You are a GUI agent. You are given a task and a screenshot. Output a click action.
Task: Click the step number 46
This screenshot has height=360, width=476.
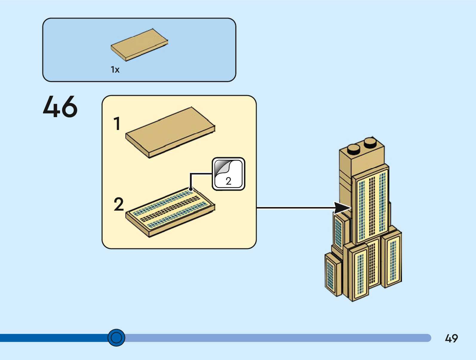60,107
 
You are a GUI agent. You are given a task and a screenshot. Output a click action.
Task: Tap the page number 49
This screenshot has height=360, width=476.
451,338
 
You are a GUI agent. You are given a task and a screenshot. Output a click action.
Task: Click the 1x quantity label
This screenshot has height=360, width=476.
115,70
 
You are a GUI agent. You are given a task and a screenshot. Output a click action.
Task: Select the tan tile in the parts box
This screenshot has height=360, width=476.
139,45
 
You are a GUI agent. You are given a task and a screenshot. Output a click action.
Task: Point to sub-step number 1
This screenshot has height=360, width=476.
117,124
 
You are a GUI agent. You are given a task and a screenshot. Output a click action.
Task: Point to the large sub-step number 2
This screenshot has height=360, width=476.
119,205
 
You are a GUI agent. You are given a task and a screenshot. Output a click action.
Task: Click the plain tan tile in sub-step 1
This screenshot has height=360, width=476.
170,132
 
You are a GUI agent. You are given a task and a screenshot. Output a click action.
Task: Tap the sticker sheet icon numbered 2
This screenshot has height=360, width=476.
228,174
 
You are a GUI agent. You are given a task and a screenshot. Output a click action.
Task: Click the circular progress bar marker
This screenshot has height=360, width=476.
116,338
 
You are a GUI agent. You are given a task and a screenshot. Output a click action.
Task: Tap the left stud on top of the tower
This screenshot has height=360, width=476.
354,148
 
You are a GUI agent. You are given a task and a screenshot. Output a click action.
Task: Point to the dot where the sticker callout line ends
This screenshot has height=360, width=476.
191,189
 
